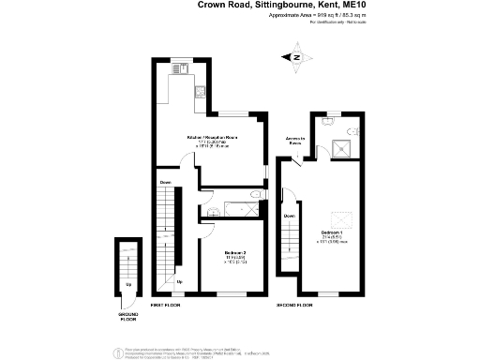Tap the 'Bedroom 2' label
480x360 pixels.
[x=234, y=252]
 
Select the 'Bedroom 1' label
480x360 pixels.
[x=331, y=231]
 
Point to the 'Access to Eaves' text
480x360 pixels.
[x=295, y=141]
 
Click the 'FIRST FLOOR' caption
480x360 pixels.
[x=165, y=306]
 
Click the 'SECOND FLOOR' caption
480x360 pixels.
[x=292, y=306]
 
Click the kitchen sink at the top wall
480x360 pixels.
[x=201, y=92]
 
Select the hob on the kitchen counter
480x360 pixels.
[x=176, y=69]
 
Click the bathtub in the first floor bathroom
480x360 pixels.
[x=231, y=209]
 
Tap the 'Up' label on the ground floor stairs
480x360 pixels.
[x=128, y=282]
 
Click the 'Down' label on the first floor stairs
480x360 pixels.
[x=165, y=181]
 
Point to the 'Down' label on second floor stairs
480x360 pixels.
[x=290, y=215]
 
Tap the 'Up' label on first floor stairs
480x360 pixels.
[x=179, y=280]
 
